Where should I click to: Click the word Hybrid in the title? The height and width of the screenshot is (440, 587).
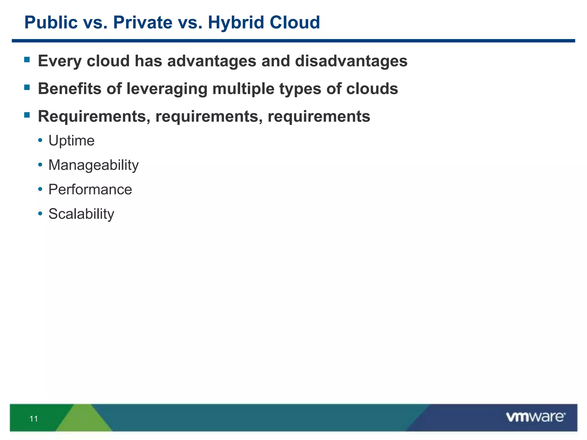(236, 23)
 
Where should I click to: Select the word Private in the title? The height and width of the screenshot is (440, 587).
(142, 23)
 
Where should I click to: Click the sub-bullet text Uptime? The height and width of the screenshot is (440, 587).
(71, 141)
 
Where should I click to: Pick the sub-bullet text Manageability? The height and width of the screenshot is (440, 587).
(93, 165)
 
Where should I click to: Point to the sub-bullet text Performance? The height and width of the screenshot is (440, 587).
(90, 190)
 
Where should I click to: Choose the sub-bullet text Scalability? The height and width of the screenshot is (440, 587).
(81, 214)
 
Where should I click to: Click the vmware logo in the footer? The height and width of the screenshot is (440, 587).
(535, 417)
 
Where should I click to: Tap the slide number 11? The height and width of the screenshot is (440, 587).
(34, 419)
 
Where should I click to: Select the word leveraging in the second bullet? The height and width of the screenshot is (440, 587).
(167, 89)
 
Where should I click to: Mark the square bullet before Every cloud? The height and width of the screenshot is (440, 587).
(27, 60)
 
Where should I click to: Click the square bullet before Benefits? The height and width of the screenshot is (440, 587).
(27, 87)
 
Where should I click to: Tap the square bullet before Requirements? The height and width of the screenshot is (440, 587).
(27, 115)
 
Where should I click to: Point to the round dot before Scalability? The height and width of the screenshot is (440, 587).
(40, 214)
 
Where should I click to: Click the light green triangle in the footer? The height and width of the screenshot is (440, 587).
(83, 420)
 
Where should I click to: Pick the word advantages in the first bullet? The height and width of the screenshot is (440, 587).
(212, 61)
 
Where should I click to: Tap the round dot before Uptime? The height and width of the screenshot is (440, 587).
(40, 140)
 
